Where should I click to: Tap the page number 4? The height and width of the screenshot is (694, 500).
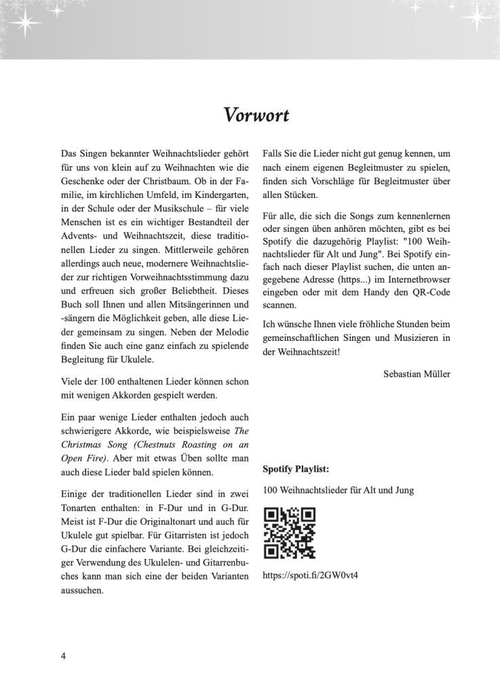point(63,657)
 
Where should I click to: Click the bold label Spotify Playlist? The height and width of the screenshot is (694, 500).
point(295,468)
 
